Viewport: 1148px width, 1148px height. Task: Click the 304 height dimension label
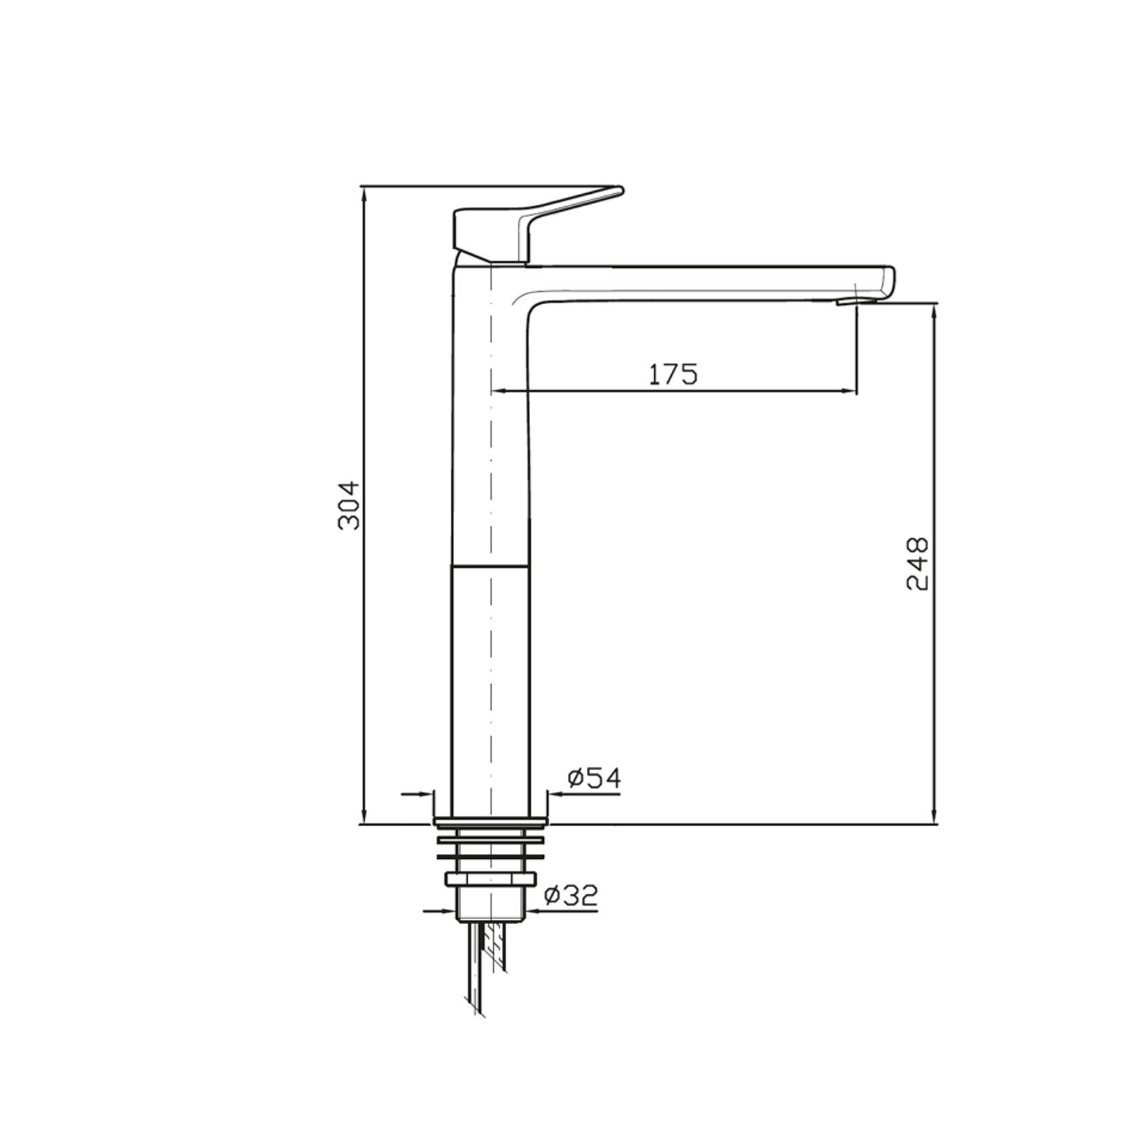pyautogui.click(x=349, y=506)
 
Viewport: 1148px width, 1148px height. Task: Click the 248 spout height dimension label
pyautogui.click(x=917, y=564)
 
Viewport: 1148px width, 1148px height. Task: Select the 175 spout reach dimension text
pyautogui.click(x=673, y=374)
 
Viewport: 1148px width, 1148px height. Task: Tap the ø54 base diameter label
pyautogui.click(x=594, y=778)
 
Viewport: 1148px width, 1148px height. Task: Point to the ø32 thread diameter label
pyautogui.click(x=571, y=895)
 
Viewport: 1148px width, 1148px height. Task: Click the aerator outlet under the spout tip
pyautogui.click(x=847, y=301)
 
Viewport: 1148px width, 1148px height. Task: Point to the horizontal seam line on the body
pyautogui.click(x=490, y=566)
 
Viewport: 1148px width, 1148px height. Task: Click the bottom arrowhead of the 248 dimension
pyautogui.click(x=934, y=818)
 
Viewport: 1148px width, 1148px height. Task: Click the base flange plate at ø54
pyautogui.click(x=490, y=821)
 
